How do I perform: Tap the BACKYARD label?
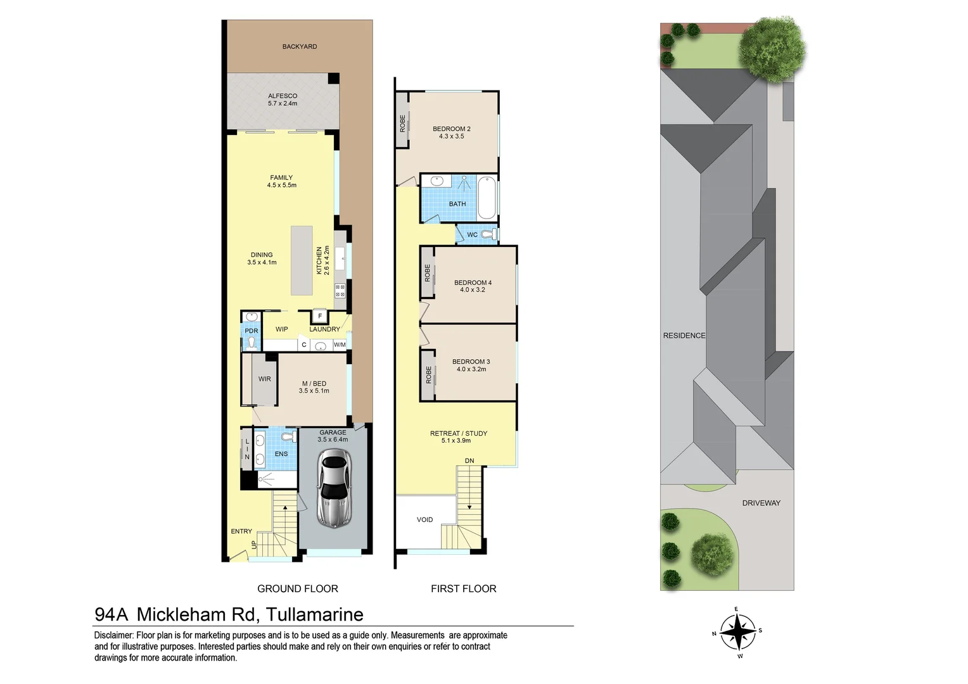300,46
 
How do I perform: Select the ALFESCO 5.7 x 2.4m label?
283,99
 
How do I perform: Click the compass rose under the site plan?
737,631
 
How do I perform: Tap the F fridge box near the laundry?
320,316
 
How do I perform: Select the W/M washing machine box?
340,345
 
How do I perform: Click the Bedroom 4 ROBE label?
428,273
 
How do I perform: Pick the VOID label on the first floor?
424,519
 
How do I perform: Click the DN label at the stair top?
469,460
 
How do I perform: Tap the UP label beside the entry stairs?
254,544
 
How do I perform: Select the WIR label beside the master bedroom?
265,379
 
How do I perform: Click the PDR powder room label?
252,331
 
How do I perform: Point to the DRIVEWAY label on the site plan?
761,503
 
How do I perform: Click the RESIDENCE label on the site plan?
684,335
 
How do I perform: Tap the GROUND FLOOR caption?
297,588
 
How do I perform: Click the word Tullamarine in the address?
314,614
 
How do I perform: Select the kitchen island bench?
302,260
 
